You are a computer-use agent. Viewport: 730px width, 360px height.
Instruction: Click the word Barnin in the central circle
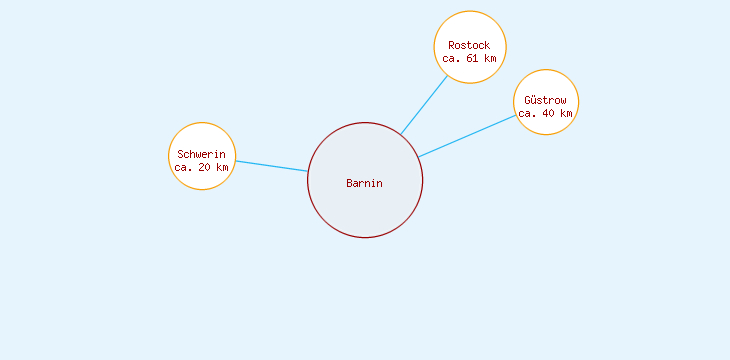(364, 183)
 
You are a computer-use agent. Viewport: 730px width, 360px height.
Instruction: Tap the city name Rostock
(469, 45)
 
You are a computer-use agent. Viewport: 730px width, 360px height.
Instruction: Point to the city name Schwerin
(201, 154)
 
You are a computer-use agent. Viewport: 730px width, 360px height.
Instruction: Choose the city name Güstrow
(545, 100)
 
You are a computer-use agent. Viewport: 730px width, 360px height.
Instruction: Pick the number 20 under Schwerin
(205, 167)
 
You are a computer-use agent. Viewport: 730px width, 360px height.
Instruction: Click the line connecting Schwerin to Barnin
(271, 166)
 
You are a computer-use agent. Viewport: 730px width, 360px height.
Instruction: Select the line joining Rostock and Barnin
(423, 105)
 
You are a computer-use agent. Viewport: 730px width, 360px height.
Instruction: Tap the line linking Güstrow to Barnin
(467, 136)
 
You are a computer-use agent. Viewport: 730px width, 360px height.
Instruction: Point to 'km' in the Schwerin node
(222, 167)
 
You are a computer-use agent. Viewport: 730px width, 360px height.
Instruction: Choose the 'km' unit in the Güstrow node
(566, 113)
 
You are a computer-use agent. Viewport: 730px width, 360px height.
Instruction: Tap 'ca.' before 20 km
(184, 167)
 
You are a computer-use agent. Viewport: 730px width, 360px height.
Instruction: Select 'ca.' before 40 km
(528, 113)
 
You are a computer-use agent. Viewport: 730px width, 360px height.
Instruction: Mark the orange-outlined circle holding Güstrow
(546, 82)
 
